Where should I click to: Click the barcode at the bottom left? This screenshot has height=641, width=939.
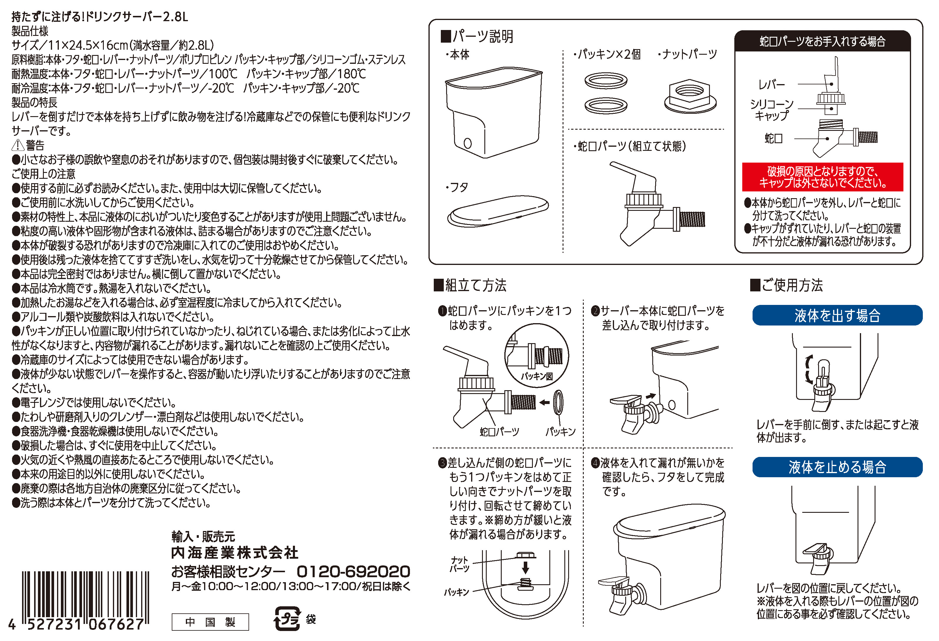click(x=85, y=598)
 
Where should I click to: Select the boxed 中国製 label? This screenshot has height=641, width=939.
click(x=210, y=622)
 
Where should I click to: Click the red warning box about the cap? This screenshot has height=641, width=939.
click(x=823, y=177)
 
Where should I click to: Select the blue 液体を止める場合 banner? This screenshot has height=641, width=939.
click(x=837, y=467)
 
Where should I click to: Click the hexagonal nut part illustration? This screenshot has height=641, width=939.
click(x=690, y=96)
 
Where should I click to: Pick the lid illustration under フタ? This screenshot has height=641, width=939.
click(x=498, y=211)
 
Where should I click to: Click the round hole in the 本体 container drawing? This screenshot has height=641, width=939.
click(x=468, y=143)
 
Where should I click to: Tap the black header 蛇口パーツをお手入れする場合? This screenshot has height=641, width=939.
click(x=823, y=41)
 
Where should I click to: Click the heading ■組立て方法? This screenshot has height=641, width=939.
click(x=470, y=285)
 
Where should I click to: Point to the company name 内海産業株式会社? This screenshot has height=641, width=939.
click(x=235, y=552)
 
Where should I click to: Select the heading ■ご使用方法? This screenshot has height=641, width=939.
click(x=786, y=285)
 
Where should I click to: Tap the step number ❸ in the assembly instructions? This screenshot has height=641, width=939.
click(x=442, y=463)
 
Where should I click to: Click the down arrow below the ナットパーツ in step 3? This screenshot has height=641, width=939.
click(x=525, y=567)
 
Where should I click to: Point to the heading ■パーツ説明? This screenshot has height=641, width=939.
click(x=477, y=36)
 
